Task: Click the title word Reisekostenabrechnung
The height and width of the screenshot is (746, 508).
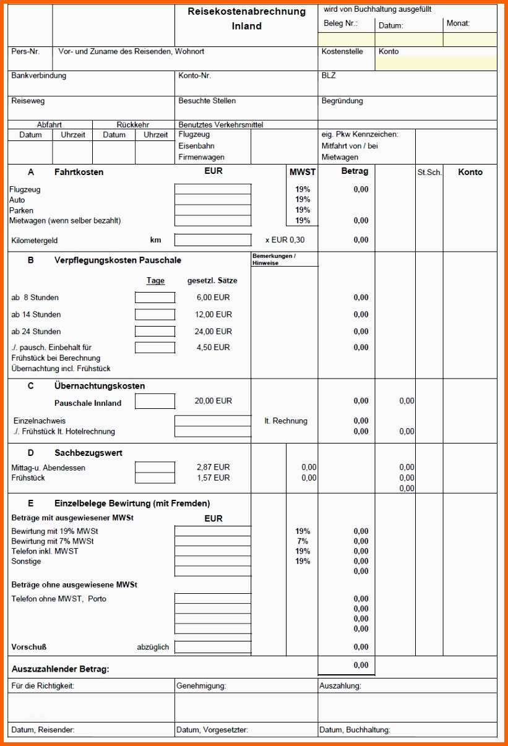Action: pos(247,12)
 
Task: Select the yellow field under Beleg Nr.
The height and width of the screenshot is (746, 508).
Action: pos(346,40)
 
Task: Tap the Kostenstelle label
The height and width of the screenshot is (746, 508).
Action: pos(342,52)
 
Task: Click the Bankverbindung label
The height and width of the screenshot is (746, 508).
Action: pos(38,76)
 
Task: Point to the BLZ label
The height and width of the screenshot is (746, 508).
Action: pos(329,76)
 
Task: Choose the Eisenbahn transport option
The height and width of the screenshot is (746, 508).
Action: pos(196,146)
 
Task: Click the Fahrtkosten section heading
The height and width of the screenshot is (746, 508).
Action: pos(79,173)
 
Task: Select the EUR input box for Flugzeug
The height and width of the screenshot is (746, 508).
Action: pos(213,189)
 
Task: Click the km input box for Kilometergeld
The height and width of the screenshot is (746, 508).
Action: pos(213,240)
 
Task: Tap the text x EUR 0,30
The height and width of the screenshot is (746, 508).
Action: pos(285,240)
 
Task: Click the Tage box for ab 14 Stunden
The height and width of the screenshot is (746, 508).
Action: pos(155,315)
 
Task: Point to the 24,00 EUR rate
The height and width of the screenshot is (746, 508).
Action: pos(213,332)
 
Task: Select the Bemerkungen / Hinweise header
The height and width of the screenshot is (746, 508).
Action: pos(273,259)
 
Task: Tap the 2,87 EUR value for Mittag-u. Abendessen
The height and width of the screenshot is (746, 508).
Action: pos(213,468)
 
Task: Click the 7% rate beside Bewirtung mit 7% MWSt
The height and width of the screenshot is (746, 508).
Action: pos(303,541)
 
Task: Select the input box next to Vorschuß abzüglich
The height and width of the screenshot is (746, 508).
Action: pos(213,647)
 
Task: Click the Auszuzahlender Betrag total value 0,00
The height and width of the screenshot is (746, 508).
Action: pos(361,666)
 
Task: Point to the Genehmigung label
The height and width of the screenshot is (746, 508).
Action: pos(201,686)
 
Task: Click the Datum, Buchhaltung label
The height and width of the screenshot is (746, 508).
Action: pos(355,730)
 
